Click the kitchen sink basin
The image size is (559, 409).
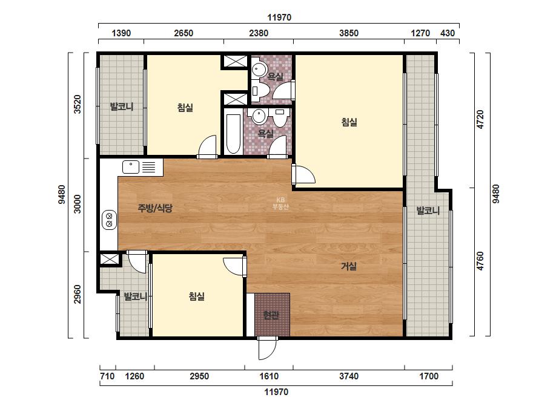[131, 167]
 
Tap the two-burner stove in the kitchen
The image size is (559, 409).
[110, 220]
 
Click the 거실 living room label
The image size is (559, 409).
[349, 266]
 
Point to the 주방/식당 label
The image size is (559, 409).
[155, 208]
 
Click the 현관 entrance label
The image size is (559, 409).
[271, 315]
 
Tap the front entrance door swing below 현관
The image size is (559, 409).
[267, 348]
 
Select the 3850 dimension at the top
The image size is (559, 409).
[349, 33]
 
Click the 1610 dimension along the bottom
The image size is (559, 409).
[269, 376]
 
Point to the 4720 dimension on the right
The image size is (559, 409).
[480, 119]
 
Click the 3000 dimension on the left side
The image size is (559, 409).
[78, 204]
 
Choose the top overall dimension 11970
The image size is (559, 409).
[279, 18]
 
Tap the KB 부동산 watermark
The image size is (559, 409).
[280, 203]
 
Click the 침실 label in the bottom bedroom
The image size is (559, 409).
[197, 296]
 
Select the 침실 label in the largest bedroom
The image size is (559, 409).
[349, 122]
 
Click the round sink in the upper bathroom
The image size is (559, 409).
[259, 68]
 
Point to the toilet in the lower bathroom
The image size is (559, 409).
[279, 118]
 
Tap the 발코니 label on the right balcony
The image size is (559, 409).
[428, 211]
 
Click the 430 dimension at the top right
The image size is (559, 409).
[448, 33]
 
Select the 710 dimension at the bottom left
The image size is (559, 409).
[107, 376]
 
